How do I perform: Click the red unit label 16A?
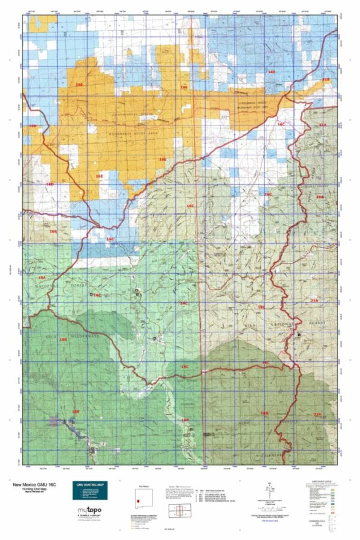click(x=53, y=231)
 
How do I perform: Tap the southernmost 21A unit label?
click(x=318, y=414)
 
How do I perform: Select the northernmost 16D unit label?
click(x=33, y=126)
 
